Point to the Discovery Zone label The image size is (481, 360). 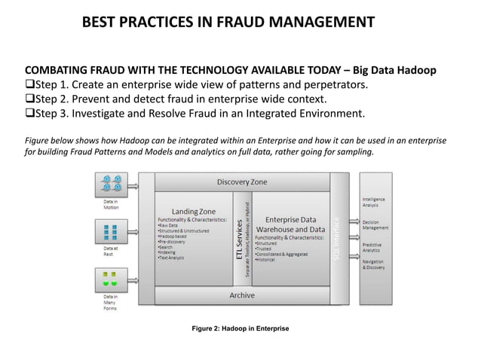pos(241,182)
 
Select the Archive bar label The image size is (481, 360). pos(241,295)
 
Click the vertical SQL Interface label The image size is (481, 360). pos(339,239)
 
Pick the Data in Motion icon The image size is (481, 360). pos(112,182)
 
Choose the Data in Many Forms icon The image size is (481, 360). pos(112,279)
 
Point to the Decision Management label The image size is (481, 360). pos(376,224)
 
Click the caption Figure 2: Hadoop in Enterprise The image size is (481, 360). pos(240,329)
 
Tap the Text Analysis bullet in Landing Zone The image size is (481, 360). pos(171,258)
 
